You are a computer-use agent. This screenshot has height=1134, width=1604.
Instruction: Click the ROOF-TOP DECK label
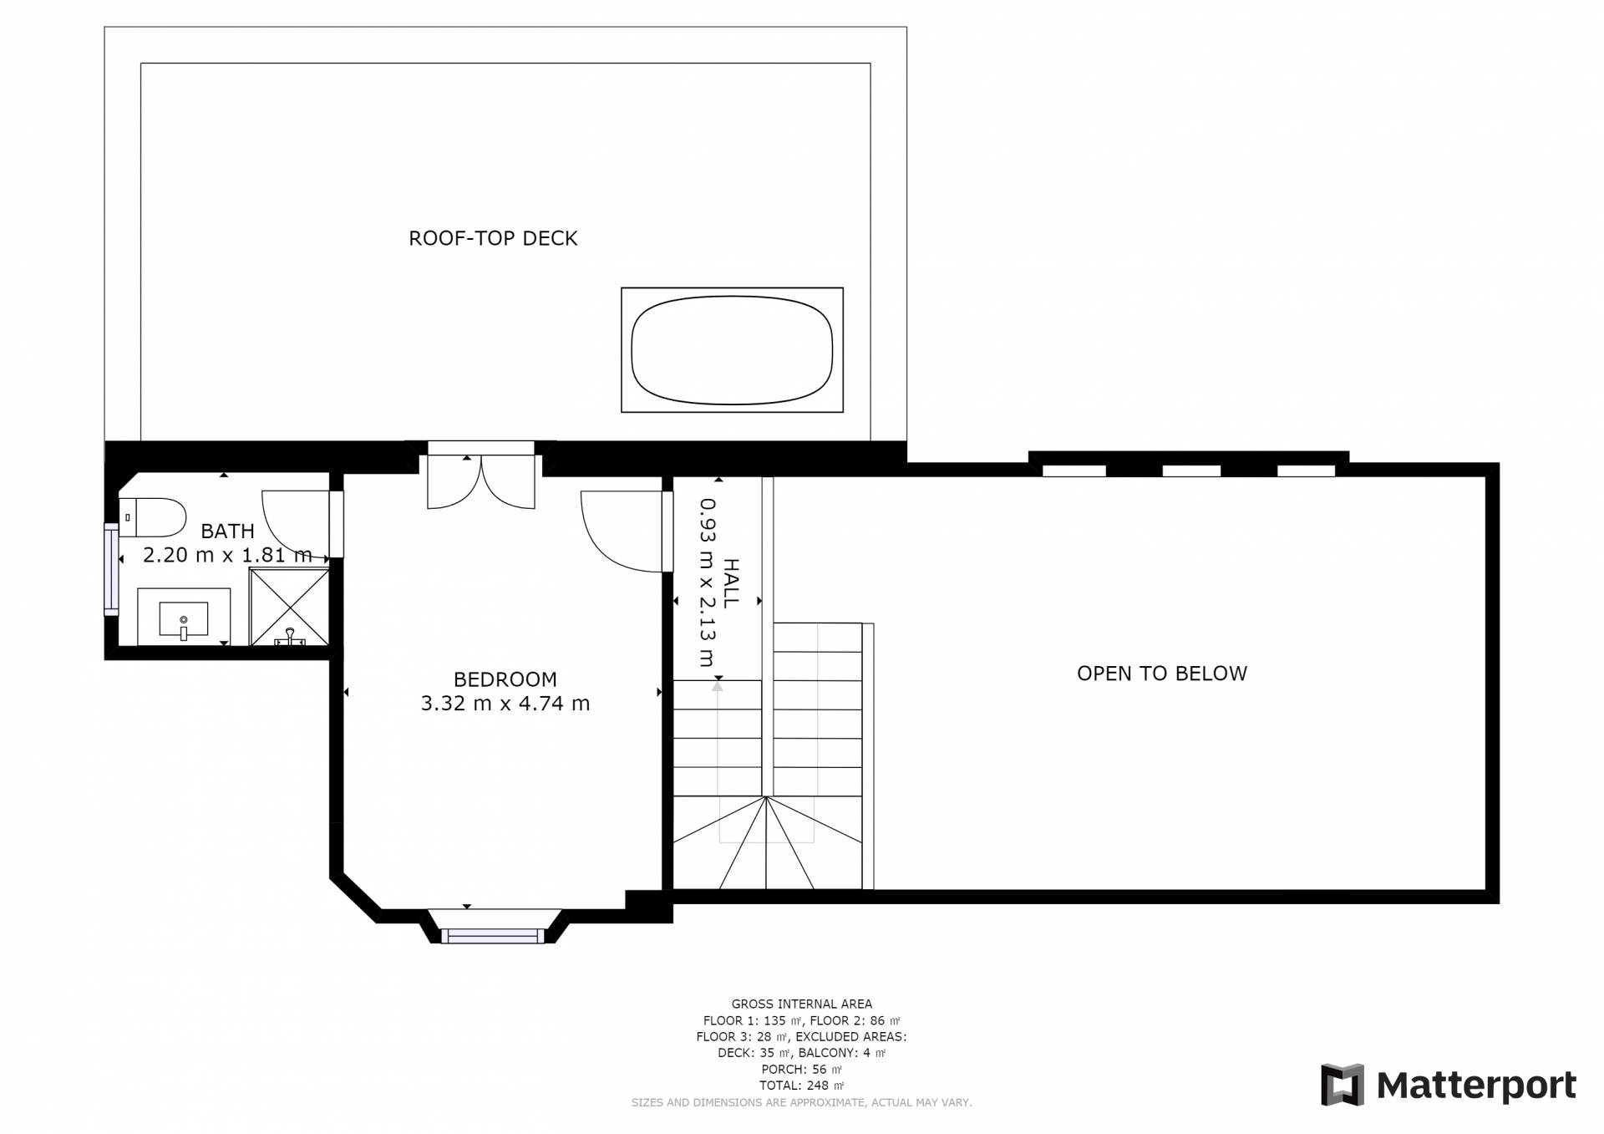coord(493,238)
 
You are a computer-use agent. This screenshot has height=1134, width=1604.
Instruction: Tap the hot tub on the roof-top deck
coord(732,350)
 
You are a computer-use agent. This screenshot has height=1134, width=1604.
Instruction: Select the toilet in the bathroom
coord(152,517)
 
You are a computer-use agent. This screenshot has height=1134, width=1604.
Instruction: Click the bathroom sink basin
coord(184,619)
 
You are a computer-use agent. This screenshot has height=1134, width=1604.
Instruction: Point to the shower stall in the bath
coord(289,608)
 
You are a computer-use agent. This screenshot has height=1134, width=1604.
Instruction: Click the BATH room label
coord(227,531)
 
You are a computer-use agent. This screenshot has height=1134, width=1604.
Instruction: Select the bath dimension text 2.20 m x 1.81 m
coord(227,555)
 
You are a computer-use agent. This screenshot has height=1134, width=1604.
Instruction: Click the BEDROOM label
coord(505,679)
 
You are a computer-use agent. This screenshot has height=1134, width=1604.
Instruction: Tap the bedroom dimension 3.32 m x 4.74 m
coord(505,704)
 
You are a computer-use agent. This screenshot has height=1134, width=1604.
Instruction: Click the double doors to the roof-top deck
coord(481,482)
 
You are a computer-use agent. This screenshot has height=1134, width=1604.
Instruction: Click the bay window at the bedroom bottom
coord(493,936)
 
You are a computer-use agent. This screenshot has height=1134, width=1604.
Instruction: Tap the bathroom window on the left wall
coord(111,569)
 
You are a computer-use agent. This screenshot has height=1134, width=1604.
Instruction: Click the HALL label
coord(730,583)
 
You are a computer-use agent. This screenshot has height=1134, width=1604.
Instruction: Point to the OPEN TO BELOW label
coord(1161,674)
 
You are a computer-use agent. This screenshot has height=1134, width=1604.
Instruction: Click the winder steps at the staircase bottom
coord(767,842)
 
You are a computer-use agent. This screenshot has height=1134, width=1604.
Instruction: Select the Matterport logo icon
coord(1342,1085)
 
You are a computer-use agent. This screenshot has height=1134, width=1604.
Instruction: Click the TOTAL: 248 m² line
coord(801,1086)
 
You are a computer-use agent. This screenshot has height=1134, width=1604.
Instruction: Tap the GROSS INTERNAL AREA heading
coord(801,1004)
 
